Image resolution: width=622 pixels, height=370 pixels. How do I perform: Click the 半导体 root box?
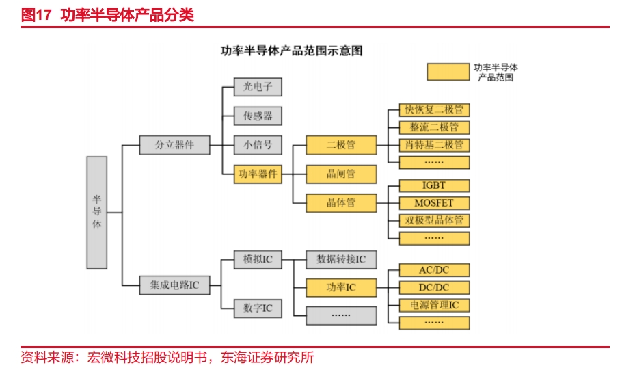click(x=97, y=212)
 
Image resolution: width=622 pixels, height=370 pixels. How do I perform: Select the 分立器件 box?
click(x=174, y=145)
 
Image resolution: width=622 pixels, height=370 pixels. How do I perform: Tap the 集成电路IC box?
click(x=174, y=285)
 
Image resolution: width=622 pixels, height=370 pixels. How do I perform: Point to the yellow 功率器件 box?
click(x=258, y=174)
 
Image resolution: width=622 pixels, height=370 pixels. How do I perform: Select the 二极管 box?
click(x=341, y=145)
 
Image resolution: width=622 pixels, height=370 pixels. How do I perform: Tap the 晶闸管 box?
click(x=341, y=174)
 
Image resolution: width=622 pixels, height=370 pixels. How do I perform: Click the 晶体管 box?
click(x=341, y=203)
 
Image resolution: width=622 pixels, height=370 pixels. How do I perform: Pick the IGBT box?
click(x=434, y=185)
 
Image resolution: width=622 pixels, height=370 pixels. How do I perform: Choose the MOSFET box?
click(x=434, y=203)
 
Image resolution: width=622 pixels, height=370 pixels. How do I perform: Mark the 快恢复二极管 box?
click(x=434, y=109)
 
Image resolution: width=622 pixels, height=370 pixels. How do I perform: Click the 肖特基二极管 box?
click(x=434, y=145)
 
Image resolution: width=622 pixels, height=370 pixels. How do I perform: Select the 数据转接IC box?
click(x=341, y=259)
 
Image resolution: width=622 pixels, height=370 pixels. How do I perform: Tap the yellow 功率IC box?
click(x=341, y=288)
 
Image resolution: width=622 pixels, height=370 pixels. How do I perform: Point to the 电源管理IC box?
click(x=434, y=305)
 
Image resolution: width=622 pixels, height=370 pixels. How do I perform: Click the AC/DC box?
click(x=434, y=270)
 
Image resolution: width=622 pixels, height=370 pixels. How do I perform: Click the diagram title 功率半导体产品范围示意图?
click(x=291, y=51)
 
